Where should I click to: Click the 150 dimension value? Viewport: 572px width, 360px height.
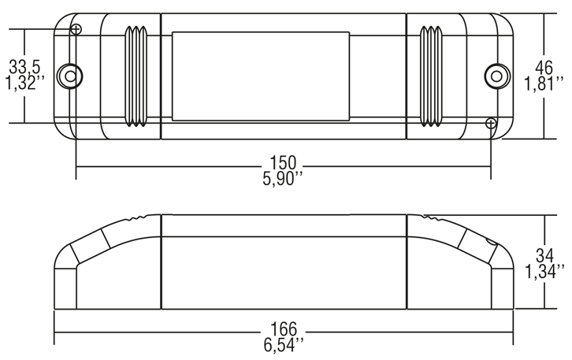coord(283,163)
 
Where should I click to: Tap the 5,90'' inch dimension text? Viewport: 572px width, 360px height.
coord(283,179)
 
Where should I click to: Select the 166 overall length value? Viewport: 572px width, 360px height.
coord(284,329)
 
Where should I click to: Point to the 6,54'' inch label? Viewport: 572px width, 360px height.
coord(284,345)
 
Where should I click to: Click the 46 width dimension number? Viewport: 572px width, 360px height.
coord(544,68)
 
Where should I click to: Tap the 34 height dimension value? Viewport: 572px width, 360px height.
coord(544,255)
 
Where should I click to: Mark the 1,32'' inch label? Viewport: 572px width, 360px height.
coord(24,83)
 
